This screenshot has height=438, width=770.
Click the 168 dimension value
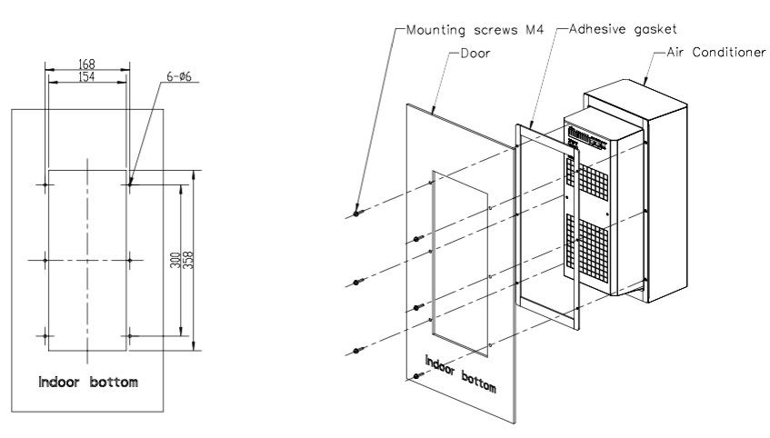pyautogui.click(x=87, y=65)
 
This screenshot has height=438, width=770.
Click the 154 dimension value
pyautogui.click(x=87, y=76)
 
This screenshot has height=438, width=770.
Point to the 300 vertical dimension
pyautogui.click(x=175, y=260)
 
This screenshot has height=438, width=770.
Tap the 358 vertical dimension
pyautogui.click(x=188, y=260)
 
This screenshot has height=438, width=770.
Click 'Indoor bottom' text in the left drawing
pyautogui.click(x=87, y=382)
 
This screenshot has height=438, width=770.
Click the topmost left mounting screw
pyautogui.click(x=356, y=214)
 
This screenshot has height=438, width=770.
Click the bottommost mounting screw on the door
pyautogui.click(x=417, y=375)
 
